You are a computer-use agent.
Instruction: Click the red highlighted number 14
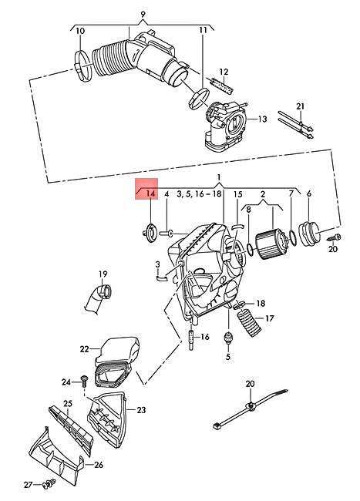pyautogui.click(x=150, y=194)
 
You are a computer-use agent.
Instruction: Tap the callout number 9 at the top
pyautogui.click(x=141, y=14)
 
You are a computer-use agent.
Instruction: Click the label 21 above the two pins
pyautogui.click(x=301, y=106)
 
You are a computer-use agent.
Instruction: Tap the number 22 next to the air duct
pyautogui.click(x=85, y=349)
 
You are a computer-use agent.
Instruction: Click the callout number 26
pyautogui.click(x=99, y=465)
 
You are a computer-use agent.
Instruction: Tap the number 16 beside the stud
pyautogui.click(x=204, y=337)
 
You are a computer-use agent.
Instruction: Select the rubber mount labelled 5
pyautogui.click(x=227, y=338)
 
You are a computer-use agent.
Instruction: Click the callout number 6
pyautogui.click(x=309, y=194)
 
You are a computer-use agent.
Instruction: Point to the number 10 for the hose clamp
pyautogui.click(x=80, y=31)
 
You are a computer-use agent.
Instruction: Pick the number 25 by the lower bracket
pyautogui.click(x=68, y=404)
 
